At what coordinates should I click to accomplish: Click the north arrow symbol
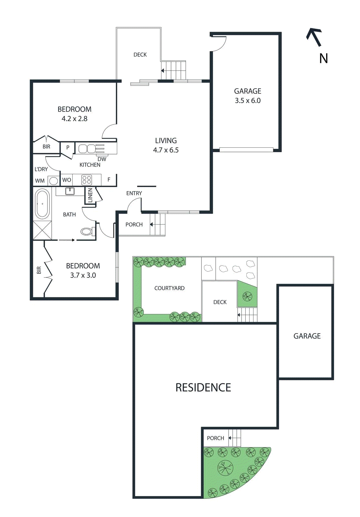[314, 37]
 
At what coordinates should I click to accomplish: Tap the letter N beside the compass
[324, 58]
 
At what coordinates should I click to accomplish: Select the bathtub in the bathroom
[42, 204]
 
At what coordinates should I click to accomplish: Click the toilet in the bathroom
[87, 231]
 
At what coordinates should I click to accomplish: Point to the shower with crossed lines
[42, 230]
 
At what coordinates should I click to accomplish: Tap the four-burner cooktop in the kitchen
[87, 180]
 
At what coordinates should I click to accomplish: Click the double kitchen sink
[87, 149]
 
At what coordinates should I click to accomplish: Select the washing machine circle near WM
[54, 181]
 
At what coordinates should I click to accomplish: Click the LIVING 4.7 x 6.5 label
[166, 145]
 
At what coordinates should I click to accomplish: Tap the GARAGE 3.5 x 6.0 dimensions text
[248, 100]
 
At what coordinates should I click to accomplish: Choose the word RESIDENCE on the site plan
[203, 387]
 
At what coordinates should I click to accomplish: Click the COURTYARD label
[169, 288]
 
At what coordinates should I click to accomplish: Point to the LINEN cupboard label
[90, 195]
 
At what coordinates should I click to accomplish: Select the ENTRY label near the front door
[134, 193]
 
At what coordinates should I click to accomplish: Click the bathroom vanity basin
[70, 191]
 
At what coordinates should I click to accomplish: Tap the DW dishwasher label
[102, 159]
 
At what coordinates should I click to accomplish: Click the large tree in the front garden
[225, 468]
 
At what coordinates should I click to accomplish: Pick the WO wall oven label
[67, 180]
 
